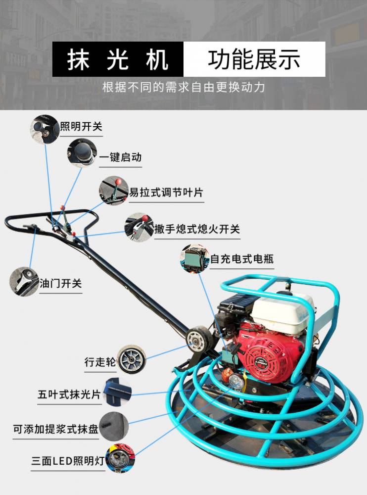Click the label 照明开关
pyautogui.click(x=81, y=127)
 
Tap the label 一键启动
pyautogui.click(x=120, y=157)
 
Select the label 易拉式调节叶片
pyautogui.click(x=166, y=192)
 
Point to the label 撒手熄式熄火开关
pyautogui.click(x=197, y=229)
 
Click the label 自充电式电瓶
pyautogui.click(x=242, y=259)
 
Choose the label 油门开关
pyautogui.click(x=60, y=283)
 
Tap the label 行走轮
pyautogui.click(x=100, y=362)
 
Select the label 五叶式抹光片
pyautogui.click(x=69, y=395)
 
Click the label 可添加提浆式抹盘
pyautogui.click(x=55, y=429)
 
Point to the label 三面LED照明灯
pyautogui.click(x=68, y=461)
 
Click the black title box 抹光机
pyautogui.click(x=118, y=59)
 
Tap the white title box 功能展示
pyautogui.click(x=254, y=59)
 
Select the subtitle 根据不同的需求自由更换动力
pyautogui.click(x=183, y=87)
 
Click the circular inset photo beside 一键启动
pyautogui.click(x=82, y=153)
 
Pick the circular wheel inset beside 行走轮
pyautogui.click(x=131, y=360)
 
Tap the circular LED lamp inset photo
pyautogui.click(x=120, y=458)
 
